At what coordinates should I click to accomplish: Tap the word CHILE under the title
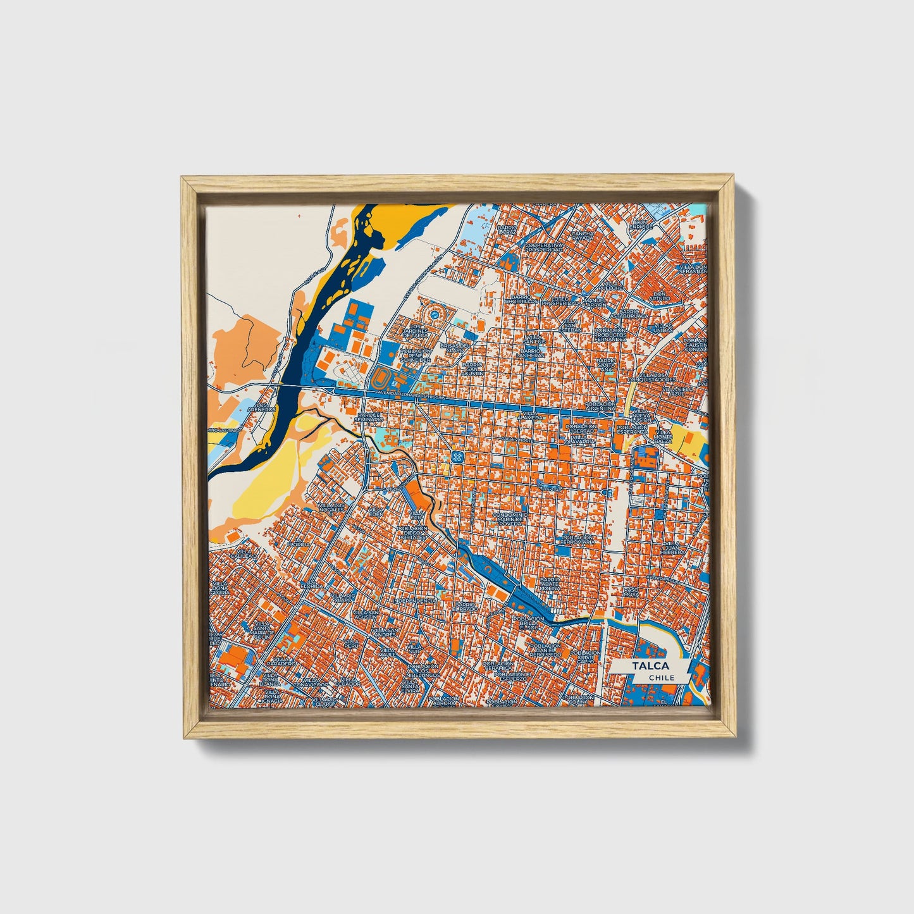662,677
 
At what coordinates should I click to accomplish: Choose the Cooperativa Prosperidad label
543,247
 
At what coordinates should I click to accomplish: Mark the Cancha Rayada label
583,235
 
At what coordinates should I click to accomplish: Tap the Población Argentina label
600,406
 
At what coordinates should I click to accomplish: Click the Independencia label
414,600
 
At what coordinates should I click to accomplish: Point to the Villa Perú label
350,643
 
